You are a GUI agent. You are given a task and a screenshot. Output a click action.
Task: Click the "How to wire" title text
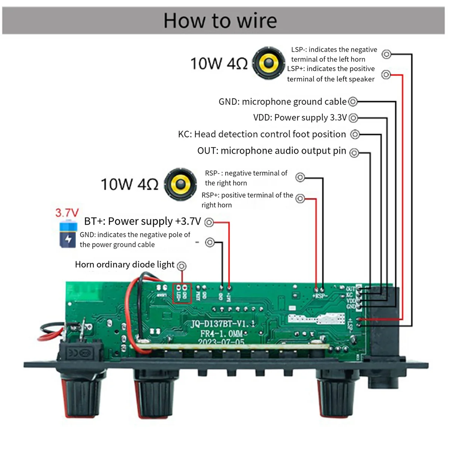point(220,20)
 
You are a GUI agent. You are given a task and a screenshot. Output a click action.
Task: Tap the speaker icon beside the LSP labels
point(268,63)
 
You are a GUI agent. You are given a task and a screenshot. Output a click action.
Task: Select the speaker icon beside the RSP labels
point(181,184)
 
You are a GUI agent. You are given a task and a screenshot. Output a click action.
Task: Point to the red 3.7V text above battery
point(67,213)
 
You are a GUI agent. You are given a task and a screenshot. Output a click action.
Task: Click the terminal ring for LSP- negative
point(386,54)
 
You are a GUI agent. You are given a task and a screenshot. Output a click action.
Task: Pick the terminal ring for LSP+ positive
point(386,74)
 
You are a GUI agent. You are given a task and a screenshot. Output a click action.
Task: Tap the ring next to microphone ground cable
point(353,101)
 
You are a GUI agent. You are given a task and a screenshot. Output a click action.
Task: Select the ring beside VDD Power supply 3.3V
point(353,118)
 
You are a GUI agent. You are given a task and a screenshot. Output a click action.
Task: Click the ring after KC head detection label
point(355,134)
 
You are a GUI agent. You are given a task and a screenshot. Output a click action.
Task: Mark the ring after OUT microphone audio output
point(354,153)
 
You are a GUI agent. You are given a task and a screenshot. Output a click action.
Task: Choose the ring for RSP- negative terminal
point(300,177)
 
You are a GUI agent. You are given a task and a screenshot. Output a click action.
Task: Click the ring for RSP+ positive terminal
point(300,198)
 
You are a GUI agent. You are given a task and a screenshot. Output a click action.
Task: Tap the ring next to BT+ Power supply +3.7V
point(209,222)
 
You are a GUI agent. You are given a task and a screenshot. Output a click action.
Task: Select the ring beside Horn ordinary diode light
point(182,266)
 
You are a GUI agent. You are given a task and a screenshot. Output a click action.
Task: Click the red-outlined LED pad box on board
point(182,294)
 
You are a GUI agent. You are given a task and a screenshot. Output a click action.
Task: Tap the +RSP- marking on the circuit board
point(320,296)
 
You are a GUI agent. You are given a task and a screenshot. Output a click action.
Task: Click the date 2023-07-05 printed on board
point(221,342)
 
